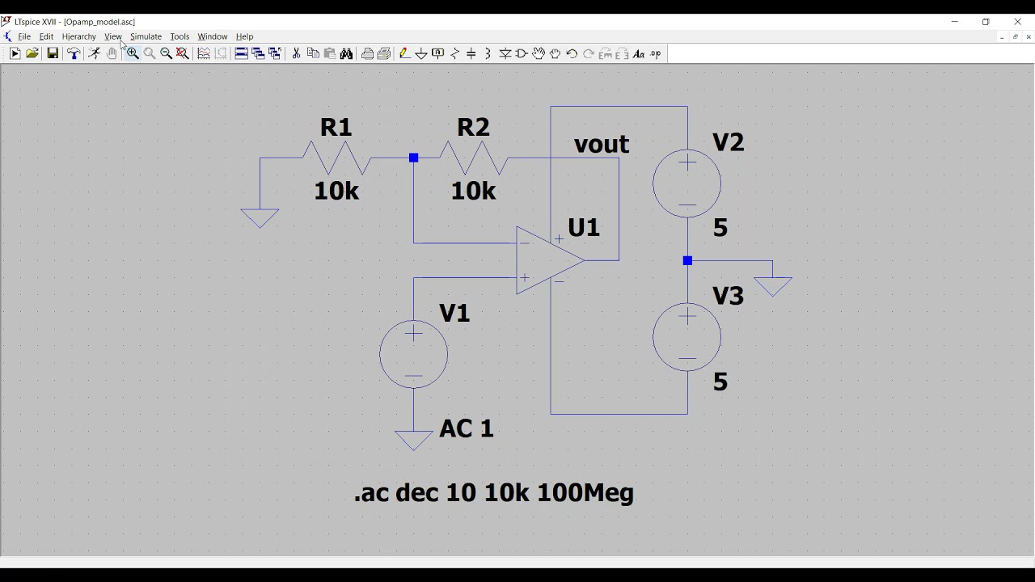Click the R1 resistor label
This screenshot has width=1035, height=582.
336,127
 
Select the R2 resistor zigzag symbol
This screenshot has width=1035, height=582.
474,158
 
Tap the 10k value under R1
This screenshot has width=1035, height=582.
336,191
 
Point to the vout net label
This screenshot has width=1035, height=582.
601,144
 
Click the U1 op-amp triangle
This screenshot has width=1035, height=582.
550,260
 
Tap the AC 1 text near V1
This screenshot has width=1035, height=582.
467,428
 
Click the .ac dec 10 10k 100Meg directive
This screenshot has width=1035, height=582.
494,493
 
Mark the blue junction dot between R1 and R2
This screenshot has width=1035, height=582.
413,158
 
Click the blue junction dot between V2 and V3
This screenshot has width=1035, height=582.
687,260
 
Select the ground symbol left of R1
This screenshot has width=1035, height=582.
260,218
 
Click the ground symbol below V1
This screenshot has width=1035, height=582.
413,441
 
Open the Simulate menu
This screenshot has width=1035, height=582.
146,36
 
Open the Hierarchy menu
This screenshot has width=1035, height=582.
79,36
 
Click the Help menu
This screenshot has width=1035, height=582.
244,36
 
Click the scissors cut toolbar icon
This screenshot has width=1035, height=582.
296,53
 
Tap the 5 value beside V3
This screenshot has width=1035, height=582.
720,382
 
